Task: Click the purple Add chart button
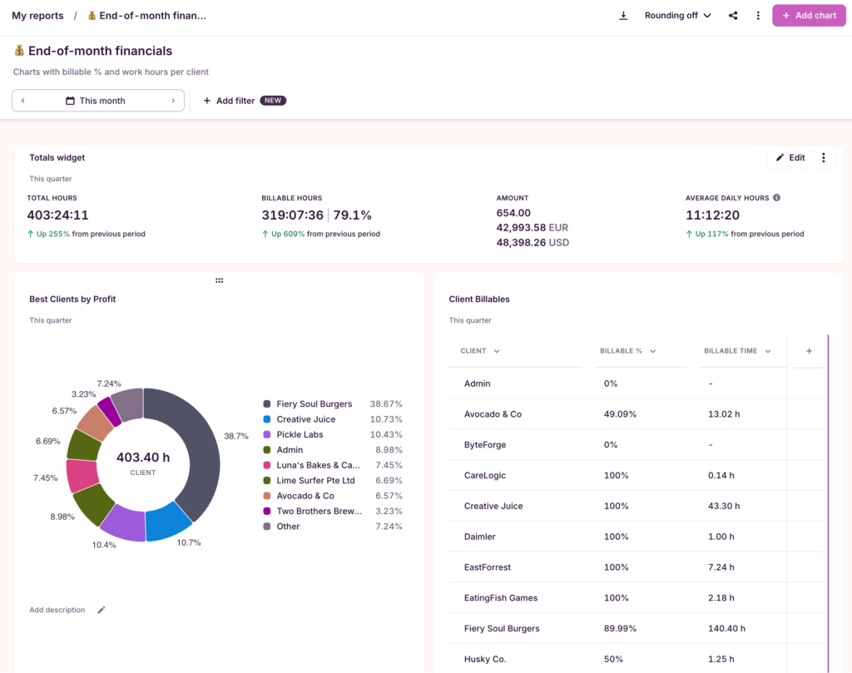click(809, 16)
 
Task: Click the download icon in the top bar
click(623, 16)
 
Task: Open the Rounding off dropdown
click(677, 16)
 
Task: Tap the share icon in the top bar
click(733, 16)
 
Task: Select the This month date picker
click(98, 101)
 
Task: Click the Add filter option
click(229, 101)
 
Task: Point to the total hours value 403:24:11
click(57, 215)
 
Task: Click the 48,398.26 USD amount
click(532, 242)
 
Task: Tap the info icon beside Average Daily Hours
click(776, 198)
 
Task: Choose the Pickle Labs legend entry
click(300, 434)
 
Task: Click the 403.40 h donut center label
click(143, 458)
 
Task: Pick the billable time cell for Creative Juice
click(721, 506)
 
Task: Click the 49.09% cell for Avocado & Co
click(620, 414)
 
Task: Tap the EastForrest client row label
click(488, 567)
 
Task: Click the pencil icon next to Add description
click(102, 610)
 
